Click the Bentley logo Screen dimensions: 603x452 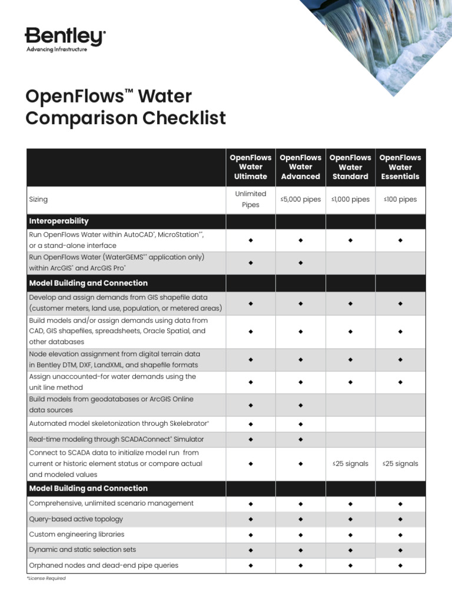pos(65,37)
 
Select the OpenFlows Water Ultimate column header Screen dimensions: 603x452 pos(250,167)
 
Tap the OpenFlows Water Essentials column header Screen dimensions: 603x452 pos(400,167)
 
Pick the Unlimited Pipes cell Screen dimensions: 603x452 pos(250,199)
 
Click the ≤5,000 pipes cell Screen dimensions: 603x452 pos(300,199)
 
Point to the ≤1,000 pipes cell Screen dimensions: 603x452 pos(350,199)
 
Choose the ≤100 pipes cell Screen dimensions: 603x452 pos(400,199)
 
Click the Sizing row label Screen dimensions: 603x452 pos(38,200)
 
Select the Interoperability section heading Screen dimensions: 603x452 pos(59,221)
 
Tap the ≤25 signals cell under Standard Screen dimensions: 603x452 pos(350,463)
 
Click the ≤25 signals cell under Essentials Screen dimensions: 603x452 pos(400,463)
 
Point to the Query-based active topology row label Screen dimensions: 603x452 pos(76,519)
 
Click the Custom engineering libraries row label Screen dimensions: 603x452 pos(77,534)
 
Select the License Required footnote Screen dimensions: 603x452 pos(46,578)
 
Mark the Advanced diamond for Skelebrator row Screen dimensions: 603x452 pos(300,424)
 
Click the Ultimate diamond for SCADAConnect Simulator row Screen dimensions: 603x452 pos(250,439)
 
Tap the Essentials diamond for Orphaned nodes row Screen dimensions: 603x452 pos(400,565)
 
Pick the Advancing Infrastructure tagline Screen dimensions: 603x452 pos(56,49)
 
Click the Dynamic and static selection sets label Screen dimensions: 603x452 pos(82,549)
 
